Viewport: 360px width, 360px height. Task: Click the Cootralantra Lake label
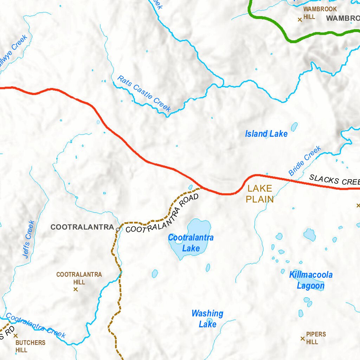pos(191,243)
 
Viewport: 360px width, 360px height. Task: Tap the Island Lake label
pos(266,134)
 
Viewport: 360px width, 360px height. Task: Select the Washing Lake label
pos(207,319)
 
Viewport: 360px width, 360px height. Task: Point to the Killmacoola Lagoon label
pos(311,280)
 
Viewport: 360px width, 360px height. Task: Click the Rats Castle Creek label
pos(144,94)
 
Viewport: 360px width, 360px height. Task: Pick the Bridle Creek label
pos(304,161)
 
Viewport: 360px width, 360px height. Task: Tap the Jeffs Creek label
pos(29,239)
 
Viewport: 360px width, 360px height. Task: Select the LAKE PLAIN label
pos(259,194)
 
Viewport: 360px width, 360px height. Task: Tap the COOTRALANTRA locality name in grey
pos(82,227)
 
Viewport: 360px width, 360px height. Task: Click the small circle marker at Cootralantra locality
pos(118,229)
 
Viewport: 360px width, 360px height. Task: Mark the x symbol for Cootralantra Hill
pos(75,289)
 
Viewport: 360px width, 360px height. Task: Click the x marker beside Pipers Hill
pos(302,339)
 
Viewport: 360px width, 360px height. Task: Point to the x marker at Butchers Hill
pos(15,336)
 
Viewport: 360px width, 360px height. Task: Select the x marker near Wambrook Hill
pos(300,20)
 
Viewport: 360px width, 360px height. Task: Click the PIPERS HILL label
pos(316,338)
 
